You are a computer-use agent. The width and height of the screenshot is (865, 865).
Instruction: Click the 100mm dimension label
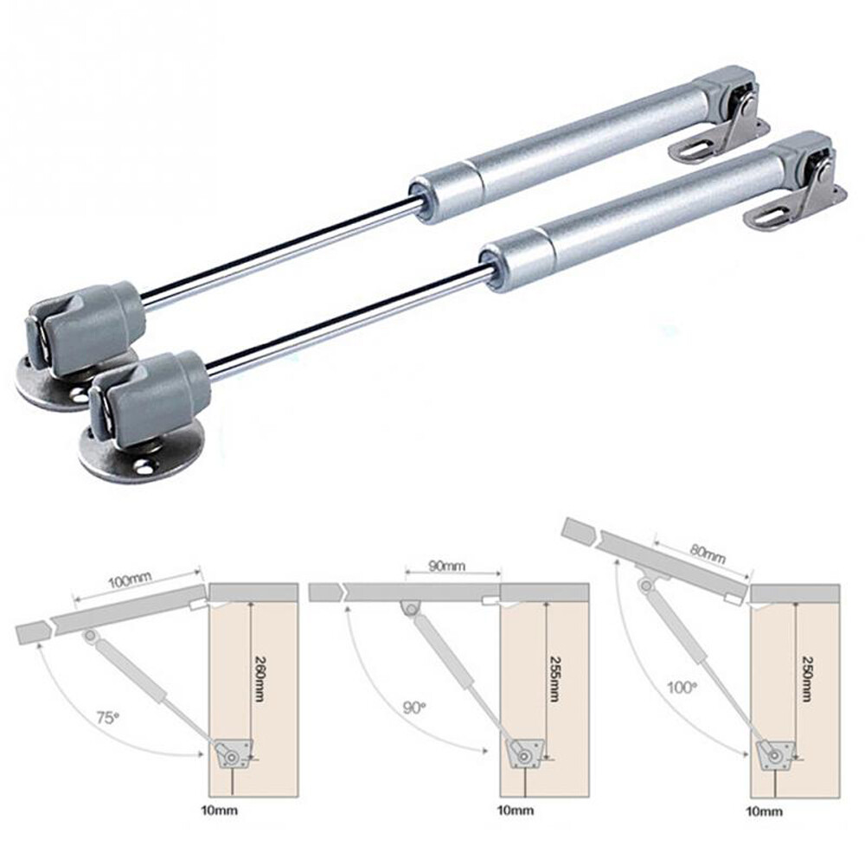pyautogui.click(x=126, y=581)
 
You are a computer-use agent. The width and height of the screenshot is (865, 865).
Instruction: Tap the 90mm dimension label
pyautogui.click(x=447, y=567)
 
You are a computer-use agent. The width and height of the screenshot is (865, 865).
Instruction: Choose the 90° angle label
pyautogui.click(x=414, y=708)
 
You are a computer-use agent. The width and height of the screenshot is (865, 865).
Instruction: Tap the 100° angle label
pyautogui.click(x=682, y=688)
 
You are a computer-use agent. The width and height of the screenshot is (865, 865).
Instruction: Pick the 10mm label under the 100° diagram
pyautogui.click(x=766, y=811)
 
